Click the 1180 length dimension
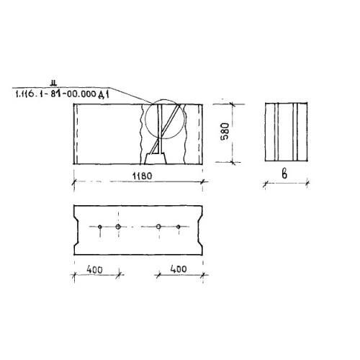point(142,176)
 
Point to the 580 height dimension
point(225,131)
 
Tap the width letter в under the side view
point(284,174)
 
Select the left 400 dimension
point(94,270)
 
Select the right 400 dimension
point(179,269)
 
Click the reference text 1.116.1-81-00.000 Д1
point(62,94)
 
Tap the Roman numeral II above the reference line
point(53,84)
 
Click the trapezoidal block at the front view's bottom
point(156,159)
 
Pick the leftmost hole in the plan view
point(100,227)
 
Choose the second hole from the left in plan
point(118,227)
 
